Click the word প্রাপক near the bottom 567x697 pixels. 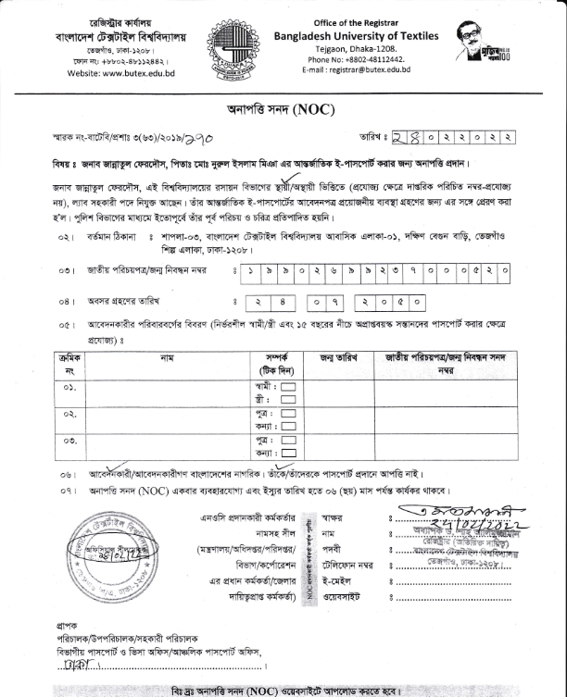[x=67, y=626]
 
